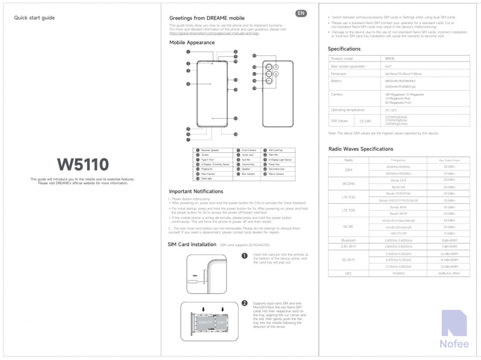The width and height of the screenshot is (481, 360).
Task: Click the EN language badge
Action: [301, 13]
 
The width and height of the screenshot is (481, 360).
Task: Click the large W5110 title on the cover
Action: [83, 165]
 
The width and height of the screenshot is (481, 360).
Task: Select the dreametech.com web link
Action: [214, 33]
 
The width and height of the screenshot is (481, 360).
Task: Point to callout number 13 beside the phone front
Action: [236, 118]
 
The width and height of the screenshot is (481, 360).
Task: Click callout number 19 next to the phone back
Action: [254, 87]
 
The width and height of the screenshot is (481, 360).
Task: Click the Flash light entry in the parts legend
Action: [206, 179]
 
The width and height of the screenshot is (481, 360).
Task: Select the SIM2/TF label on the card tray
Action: [206, 322]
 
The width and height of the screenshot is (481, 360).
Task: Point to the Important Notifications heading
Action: [196, 191]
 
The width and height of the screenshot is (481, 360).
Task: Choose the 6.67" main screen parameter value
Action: [388, 66]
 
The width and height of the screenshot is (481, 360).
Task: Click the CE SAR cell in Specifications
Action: [365, 121]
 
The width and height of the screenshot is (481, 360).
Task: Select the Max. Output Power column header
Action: [449, 160]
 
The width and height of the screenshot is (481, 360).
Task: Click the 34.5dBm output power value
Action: [449, 167]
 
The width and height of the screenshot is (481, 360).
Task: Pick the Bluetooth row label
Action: [348, 240]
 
